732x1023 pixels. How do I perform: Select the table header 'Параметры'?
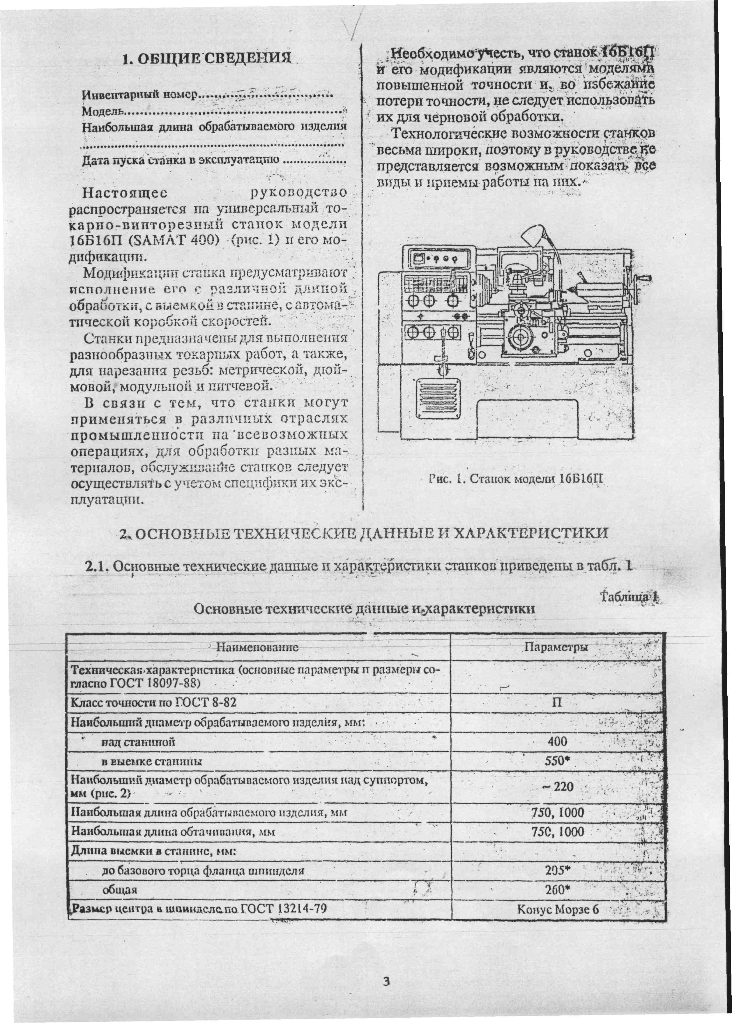557,648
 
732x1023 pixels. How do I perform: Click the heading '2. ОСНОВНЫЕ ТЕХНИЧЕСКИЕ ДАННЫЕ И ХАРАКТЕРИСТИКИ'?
364,534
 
